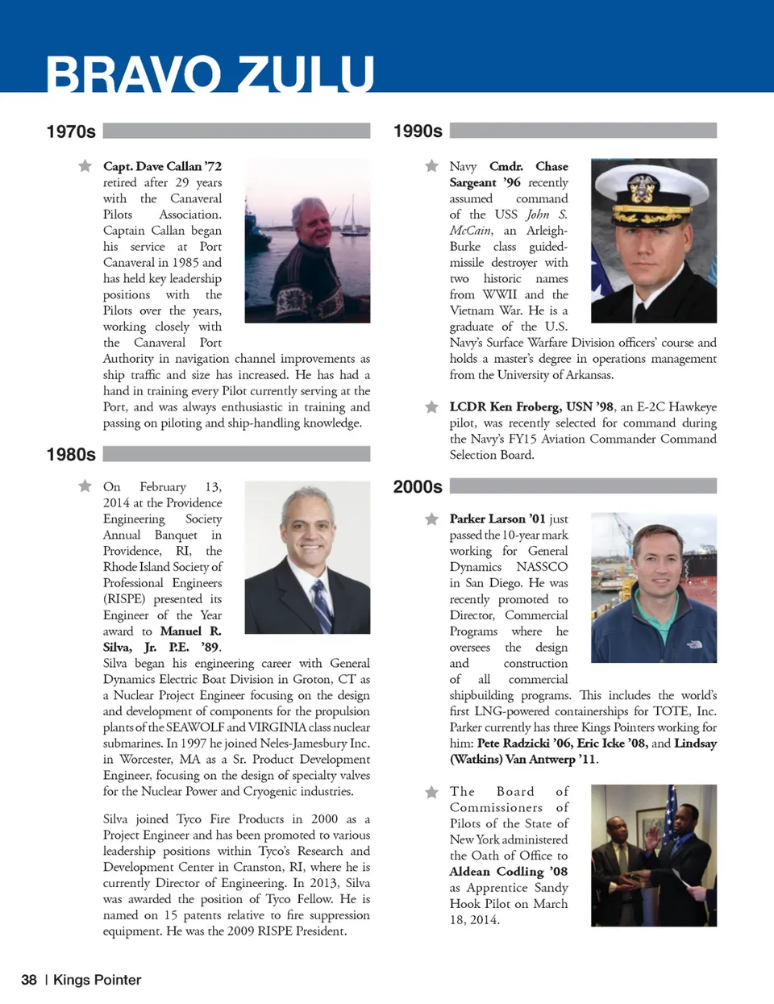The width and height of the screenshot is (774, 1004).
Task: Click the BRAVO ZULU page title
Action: tap(210, 73)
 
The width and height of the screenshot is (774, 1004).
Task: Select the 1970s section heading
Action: tap(71, 131)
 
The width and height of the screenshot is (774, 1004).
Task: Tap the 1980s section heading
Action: tap(71, 455)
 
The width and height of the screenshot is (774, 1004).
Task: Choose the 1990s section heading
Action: tap(418, 131)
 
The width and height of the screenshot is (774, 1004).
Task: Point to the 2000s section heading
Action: tap(418, 487)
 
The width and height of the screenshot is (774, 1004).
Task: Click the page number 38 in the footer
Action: tap(29, 980)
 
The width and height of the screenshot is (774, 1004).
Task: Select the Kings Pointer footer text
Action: tap(97, 980)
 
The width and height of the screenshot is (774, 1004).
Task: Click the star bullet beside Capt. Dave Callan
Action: tap(85, 166)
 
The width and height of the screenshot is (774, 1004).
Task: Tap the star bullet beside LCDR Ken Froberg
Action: tap(431, 406)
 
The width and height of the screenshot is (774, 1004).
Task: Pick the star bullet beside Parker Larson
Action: tap(431, 519)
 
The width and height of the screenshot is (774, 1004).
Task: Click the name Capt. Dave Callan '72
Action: tap(162, 166)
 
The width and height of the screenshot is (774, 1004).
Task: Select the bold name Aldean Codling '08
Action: tap(508, 872)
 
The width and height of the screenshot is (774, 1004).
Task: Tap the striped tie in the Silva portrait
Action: tap(322, 605)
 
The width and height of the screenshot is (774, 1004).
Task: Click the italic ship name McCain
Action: tap(470, 231)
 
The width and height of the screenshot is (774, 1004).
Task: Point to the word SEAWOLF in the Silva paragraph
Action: tap(194, 727)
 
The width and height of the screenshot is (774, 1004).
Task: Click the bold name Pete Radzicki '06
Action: tap(523, 744)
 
